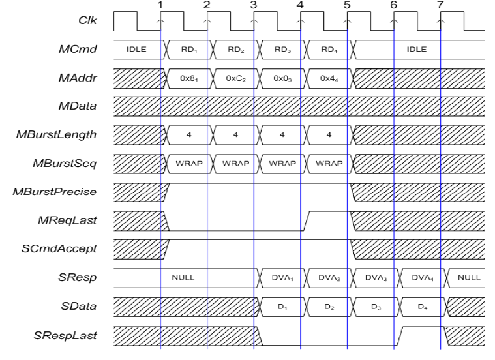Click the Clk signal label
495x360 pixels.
click(x=85, y=21)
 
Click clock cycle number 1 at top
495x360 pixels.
click(x=160, y=5)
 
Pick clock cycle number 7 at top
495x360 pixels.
click(x=440, y=5)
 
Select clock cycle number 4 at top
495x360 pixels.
click(x=300, y=5)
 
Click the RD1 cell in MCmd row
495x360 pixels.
click(x=188, y=49)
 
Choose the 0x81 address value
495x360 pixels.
click(x=188, y=77)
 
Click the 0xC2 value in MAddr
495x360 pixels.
click(x=235, y=77)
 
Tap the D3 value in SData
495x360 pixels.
click(x=374, y=306)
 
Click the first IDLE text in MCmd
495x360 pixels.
click(x=136, y=49)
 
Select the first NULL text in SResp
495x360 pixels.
click(x=183, y=277)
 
